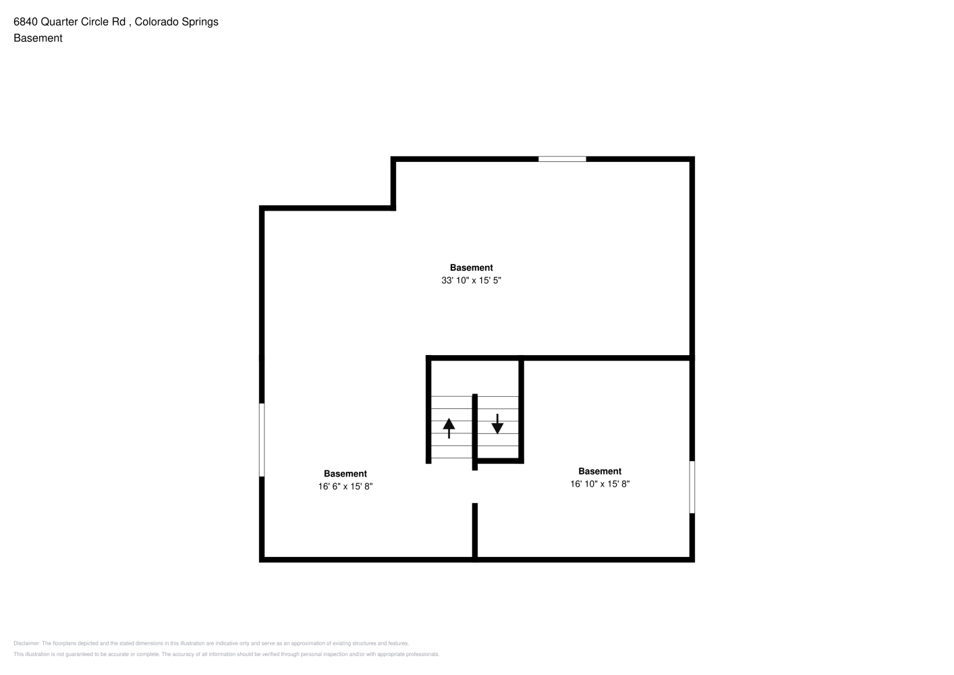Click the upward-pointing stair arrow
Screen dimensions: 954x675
[449, 428]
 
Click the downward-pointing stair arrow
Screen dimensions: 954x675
[497, 424]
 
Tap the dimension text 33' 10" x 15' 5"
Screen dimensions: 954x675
[471, 280]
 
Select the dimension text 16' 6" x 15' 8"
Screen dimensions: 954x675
[345, 486]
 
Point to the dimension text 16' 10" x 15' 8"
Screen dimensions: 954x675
[600, 484]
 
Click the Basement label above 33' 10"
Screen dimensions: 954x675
[472, 267]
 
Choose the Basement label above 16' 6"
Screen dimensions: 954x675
[345, 473]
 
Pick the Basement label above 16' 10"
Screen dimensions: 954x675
[600, 471]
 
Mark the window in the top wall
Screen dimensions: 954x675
[562, 159]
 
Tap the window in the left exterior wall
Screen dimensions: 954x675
[262, 440]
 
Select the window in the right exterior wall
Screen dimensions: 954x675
[692, 487]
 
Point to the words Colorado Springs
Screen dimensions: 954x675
[176, 22]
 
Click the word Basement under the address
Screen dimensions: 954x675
[38, 38]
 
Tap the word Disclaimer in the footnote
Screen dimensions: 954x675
[27, 643]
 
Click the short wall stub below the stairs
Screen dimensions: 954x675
[475, 531]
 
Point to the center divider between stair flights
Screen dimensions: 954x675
[475, 432]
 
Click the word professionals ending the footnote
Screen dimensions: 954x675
[422, 654]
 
